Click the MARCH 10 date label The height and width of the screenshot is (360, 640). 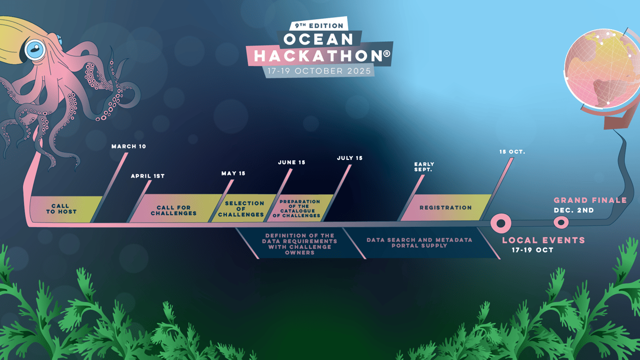click(x=129, y=146)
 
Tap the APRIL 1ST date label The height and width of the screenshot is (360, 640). click(x=148, y=176)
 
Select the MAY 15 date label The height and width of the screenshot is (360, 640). click(x=233, y=173)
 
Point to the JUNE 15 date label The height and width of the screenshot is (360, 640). click(x=292, y=162)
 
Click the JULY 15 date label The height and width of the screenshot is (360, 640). click(x=350, y=158)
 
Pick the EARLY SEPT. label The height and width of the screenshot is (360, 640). click(x=424, y=167)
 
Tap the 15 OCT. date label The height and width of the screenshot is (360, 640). click(x=512, y=152)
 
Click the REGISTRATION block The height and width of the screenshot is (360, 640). click(x=445, y=207)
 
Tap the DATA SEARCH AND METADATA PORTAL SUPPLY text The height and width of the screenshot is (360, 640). click(x=419, y=242)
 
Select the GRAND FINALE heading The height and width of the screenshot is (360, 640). click(x=590, y=200)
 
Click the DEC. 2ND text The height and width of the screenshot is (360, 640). click(x=574, y=211)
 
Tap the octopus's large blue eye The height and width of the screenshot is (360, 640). click(x=35, y=50)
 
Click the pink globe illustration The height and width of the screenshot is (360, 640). click(x=603, y=68)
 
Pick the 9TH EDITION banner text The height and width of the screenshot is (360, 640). click(x=319, y=26)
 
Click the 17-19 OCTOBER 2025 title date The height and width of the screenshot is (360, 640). click(x=319, y=71)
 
